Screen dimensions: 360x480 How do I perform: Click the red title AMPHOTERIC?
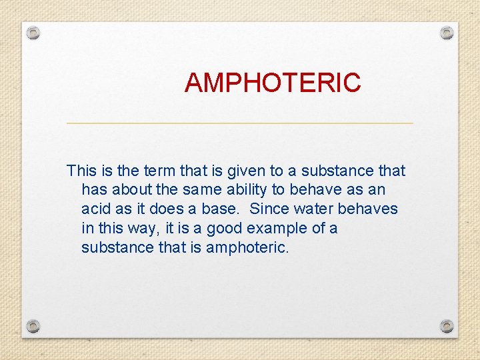tap(273, 83)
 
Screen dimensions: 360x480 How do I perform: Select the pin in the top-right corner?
tap(447, 32)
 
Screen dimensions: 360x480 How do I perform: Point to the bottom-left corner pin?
tap(33, 326)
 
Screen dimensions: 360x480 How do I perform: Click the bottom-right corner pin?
tap(447, 326)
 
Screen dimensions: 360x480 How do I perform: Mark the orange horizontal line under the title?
tap(240, 123)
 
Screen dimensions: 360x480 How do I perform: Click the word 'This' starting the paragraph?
tap(82, 171)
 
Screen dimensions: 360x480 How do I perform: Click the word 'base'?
tap(223, 209)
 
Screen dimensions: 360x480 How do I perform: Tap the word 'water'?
tap(313, 209)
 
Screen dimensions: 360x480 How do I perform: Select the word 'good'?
tap(225, 229)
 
